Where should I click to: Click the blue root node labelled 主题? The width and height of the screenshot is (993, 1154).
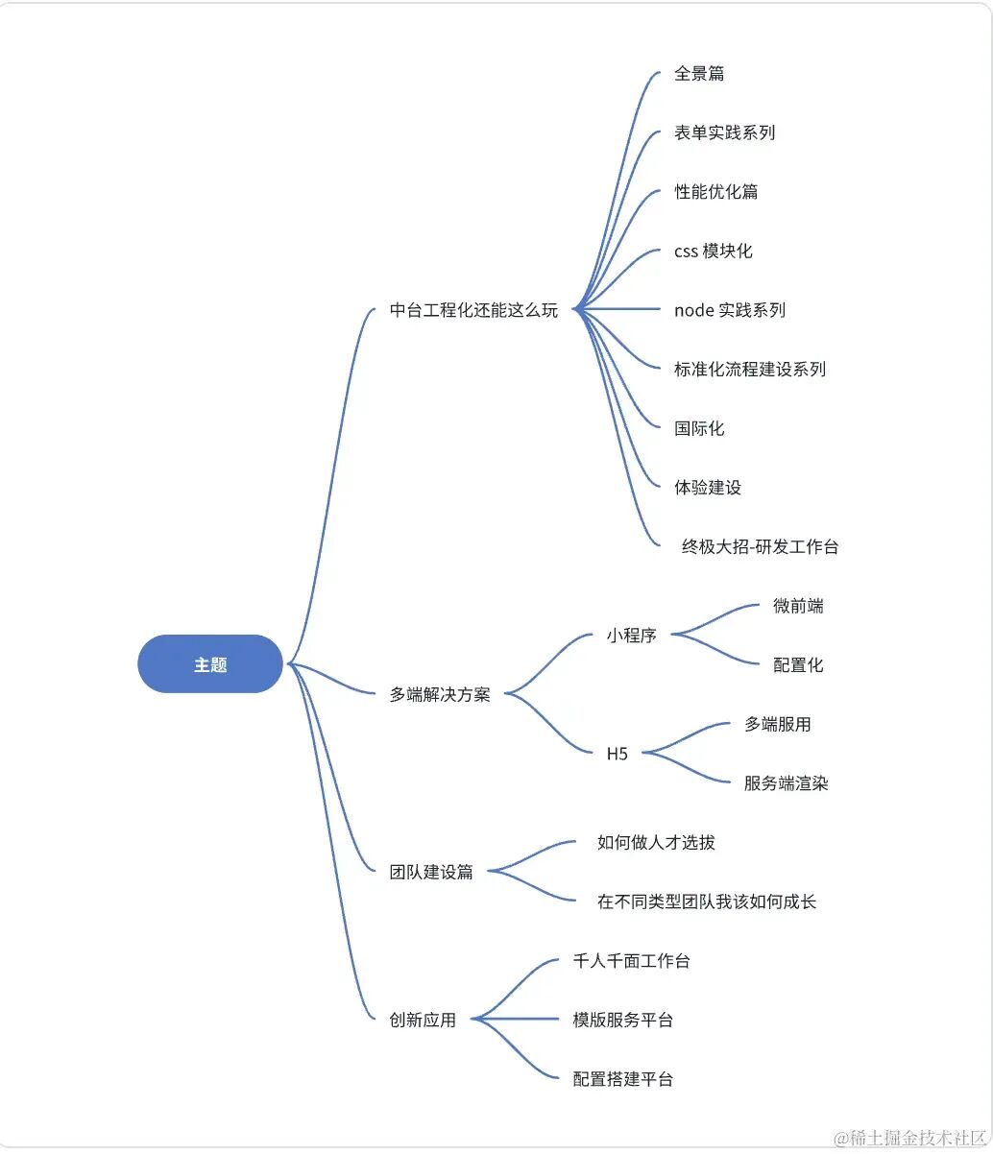pyautogui.click(x=210, y=664)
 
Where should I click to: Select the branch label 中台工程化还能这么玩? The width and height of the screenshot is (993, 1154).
pyautogui.click(x=473, y=310)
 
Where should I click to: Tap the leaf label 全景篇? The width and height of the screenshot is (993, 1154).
pyautogui.click(x=699, y=74)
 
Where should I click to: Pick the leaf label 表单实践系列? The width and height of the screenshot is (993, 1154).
pyautogui.click(x=724, y=132)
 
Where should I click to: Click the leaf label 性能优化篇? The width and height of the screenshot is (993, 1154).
pyautogui.click(x=715, y=192)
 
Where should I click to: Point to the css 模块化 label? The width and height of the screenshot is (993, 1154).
pyautogui.click(x=713, y=252)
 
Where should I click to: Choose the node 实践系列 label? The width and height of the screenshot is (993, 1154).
pyautogui.click(x=730, y=310)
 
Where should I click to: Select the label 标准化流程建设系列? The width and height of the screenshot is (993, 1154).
pyautogui.click(x=749, y=370)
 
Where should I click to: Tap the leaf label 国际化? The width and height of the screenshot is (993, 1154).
pyautogui.click(x=699, y=428)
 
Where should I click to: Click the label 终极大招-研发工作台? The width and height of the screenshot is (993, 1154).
pyautogui.click(x=760, y=547)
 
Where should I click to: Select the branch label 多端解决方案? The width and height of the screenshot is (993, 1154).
pyautogui.click(x=440, y=695)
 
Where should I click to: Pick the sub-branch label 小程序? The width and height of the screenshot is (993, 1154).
pyautogui.click(x=631, y=636)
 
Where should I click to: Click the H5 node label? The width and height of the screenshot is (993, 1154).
pyautogui.click(x=617, y=754)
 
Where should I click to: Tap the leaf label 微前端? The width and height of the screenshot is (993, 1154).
pyautogui.click(x=798, y=606)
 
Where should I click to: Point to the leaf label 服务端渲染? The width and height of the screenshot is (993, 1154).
pyautogui.click(x=786, y=783)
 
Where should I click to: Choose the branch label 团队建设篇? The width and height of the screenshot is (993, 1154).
pyautogui.click(x=431, y=873)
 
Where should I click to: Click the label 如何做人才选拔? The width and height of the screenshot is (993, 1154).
pyautogui.click(x=656, y=843)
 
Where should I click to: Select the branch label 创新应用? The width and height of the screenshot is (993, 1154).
pyautogui.click(x=423, y=1021)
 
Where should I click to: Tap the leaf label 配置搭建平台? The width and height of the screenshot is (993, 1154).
pyautogui.click(x=622, y=1079)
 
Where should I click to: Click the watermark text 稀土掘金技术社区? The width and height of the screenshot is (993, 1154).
pyautogui.click(x=911, y=1139)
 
